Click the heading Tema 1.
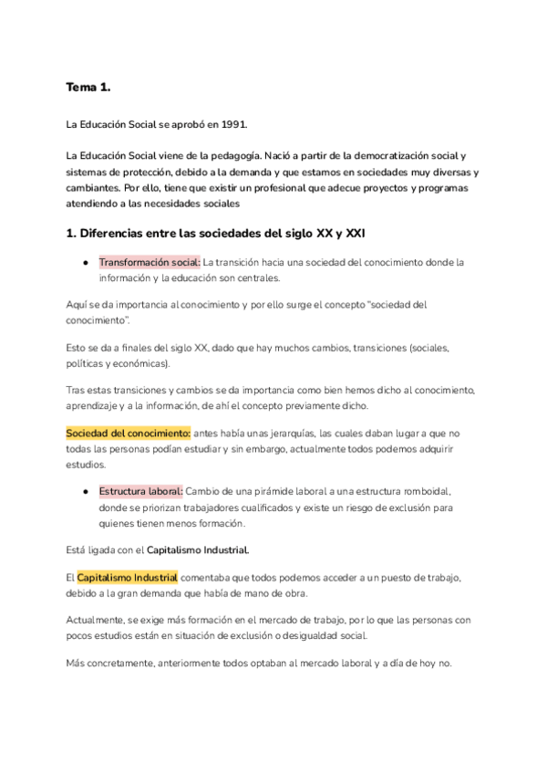click(x=88, y=88)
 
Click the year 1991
click(x=233, y=123)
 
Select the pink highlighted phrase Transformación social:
click(x=150, y=262)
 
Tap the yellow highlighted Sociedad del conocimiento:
click(x=128, y=432)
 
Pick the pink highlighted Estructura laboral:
click(x=141, y=492)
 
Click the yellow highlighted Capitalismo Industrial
click(x=128, y=578)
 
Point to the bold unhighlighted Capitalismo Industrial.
click(x=198, y=551)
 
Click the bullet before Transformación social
click(x=85, y=262)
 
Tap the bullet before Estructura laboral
click(x=85, y=492)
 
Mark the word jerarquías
click(x=275, y=432)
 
